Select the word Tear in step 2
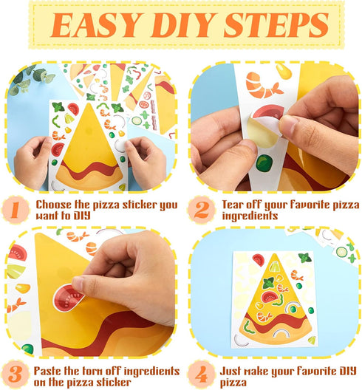[x=234, y=203]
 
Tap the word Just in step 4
[x=232, y=365]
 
